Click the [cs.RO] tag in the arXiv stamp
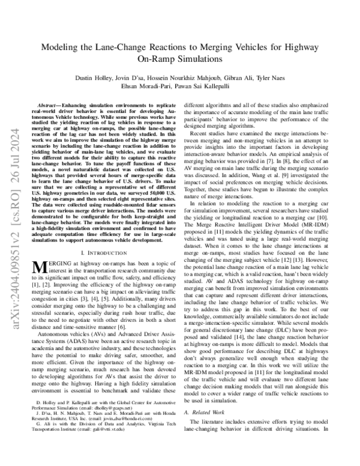[x=12, y=136]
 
